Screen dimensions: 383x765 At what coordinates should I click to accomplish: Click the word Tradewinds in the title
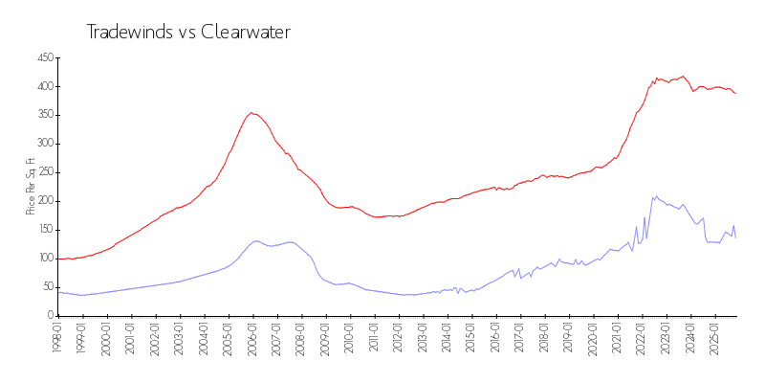(x=122, y=32)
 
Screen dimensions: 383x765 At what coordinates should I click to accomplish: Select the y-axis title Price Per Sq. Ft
(x=31, y=186)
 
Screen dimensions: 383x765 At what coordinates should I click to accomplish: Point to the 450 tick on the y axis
(x=44, y=57)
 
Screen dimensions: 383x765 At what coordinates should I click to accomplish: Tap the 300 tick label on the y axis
(x=44, y=144)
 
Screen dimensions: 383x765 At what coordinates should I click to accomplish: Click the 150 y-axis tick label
(x=44, y=230)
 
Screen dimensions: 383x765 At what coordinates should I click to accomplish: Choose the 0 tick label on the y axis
(x=51, y=315)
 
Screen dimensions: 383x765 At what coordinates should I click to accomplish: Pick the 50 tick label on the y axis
(x=47, y=286)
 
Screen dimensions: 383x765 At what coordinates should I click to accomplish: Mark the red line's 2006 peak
(x=251, y=112)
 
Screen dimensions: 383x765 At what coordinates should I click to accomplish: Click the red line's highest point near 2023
(x=683, y=77)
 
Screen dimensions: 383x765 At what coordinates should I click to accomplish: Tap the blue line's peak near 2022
(x=656, y=195)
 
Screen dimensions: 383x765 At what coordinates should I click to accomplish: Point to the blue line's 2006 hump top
(x=256, y=240)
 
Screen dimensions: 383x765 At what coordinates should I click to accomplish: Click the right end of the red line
(x=735, y=93)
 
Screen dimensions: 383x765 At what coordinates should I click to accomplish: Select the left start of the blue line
(x=58, y=291)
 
